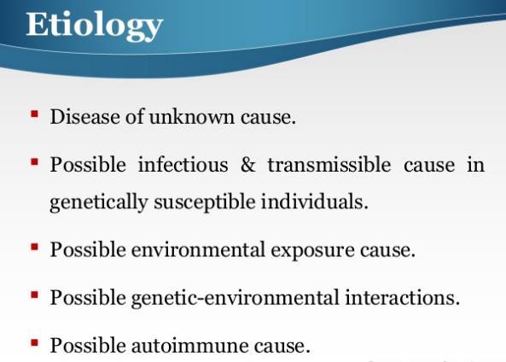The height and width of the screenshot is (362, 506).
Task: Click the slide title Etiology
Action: click(x=94, y=26)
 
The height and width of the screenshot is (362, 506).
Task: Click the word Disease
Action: click(x=84, y=116)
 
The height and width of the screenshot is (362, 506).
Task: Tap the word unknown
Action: click(x=192, y=116)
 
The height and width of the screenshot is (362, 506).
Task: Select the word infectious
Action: click(x=183, y=164)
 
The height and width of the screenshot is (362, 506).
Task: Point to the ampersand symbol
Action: click(x=247, y=165)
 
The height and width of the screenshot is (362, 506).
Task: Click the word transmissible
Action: click(x=329, y=164)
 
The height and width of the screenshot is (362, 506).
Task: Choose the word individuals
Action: click(x=314, y=201)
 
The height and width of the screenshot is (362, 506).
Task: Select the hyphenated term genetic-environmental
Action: click(x=236, y=298)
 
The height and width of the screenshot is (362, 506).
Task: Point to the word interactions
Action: click(x=402, y=297)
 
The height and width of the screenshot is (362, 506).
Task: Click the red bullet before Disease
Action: click(x=34, y=114)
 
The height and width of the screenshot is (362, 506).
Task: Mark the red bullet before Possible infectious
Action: click(x=34, y=161)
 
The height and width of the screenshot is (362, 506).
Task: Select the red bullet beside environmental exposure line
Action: click(x=34, y=247)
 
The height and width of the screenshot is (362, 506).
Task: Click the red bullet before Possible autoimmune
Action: click(x=34, y=342)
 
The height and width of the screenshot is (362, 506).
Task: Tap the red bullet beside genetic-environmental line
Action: click(x=34, y=295)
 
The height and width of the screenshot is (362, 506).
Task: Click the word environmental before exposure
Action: click(x=198, y=249)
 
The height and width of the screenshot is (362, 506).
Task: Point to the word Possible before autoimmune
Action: click(x=88, y=345)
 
